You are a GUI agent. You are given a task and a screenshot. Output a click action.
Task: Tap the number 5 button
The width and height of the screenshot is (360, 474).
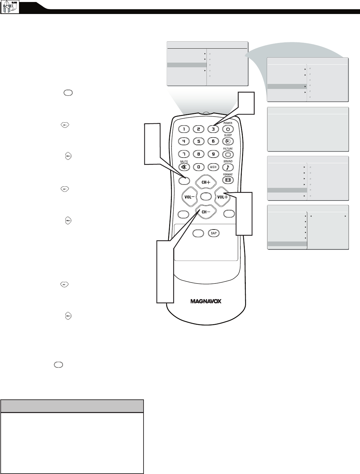(198, 142)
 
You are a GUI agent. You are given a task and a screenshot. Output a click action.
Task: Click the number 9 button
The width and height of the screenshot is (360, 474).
(213, 154)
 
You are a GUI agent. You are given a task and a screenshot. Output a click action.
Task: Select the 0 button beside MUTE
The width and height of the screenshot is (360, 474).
(198, 167)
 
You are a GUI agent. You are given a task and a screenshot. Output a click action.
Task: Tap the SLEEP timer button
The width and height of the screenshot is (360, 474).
(228, 141)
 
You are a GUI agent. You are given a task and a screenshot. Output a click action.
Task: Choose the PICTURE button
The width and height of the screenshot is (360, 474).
(228, 155)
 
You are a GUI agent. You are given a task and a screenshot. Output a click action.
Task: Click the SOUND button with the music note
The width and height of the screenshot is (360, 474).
(228, 167)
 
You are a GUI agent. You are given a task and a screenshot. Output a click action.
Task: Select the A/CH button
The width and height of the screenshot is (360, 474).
(213, 167)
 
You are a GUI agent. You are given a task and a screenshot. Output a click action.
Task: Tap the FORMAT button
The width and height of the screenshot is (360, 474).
(228, 180)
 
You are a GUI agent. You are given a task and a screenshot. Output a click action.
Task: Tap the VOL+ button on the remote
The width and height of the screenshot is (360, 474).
(222, 197)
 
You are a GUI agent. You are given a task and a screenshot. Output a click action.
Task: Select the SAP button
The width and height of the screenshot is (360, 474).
(213, 233)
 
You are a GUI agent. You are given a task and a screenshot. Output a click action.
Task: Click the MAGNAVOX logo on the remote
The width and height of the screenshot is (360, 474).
(206, 301)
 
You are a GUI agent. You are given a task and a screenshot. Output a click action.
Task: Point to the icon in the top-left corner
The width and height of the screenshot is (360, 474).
(10, 7)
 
